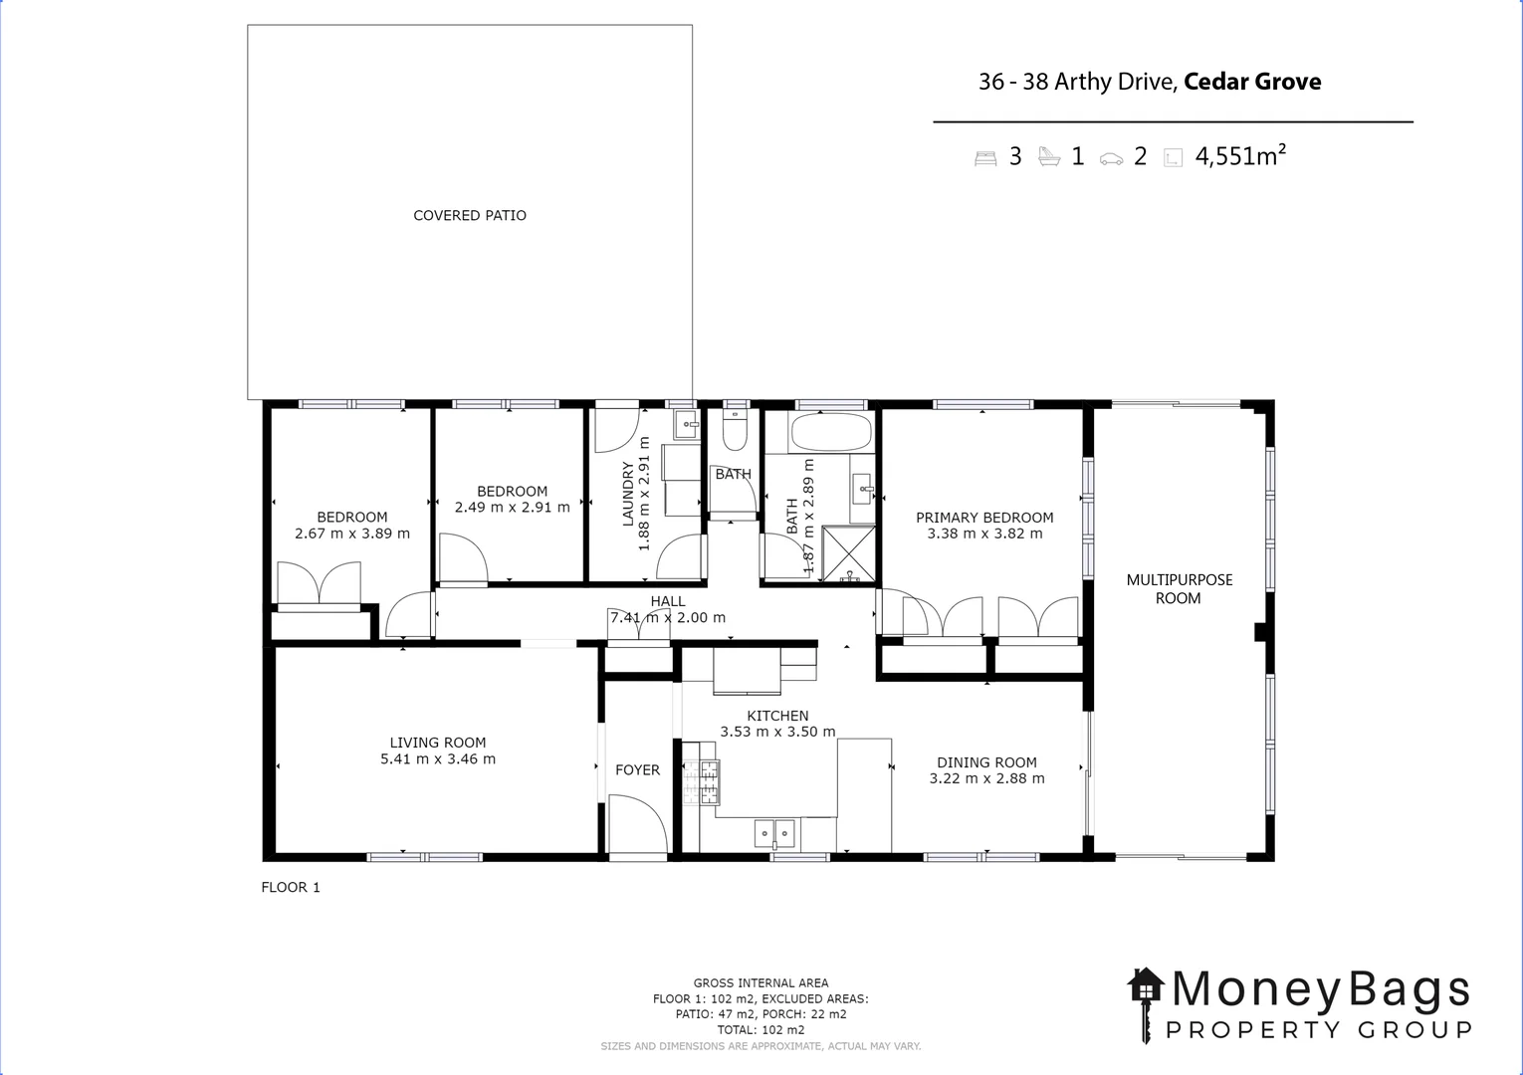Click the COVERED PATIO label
point(470,215)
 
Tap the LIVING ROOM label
point(438,743)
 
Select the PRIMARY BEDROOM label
point(984,518)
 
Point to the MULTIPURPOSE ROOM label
point(1179,588)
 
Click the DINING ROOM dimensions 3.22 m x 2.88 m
point(986,778)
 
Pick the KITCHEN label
point(777,716)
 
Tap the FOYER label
point(637,769)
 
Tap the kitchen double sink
point(774,832)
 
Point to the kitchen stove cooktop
point(708,781)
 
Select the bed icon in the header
point(985,157)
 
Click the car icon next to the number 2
point(1111,158)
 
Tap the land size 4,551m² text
point(1240,156)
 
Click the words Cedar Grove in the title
point(1252,82)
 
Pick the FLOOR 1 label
point(291,887)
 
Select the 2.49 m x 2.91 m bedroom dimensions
point(512,507)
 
